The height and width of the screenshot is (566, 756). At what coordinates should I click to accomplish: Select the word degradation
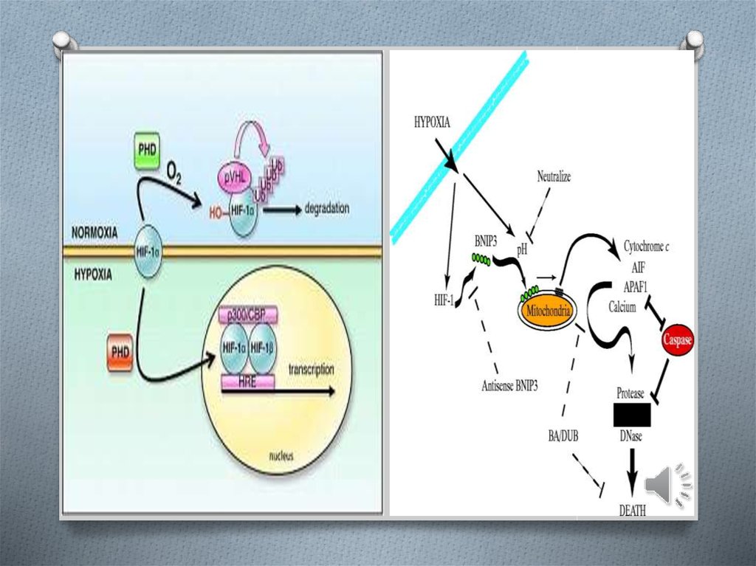(327, 210)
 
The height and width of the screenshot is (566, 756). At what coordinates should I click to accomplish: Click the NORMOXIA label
(94, 232)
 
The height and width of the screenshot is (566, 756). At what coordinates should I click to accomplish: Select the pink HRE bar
(247, 381)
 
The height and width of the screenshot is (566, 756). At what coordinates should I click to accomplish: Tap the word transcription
(311, 369)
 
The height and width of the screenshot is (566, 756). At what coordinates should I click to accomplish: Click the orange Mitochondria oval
(546, 311)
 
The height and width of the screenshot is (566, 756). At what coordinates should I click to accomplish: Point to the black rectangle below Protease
(631, 415)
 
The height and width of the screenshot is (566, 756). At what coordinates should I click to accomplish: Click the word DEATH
(632, 510)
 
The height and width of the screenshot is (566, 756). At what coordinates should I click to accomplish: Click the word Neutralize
(554, 177)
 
